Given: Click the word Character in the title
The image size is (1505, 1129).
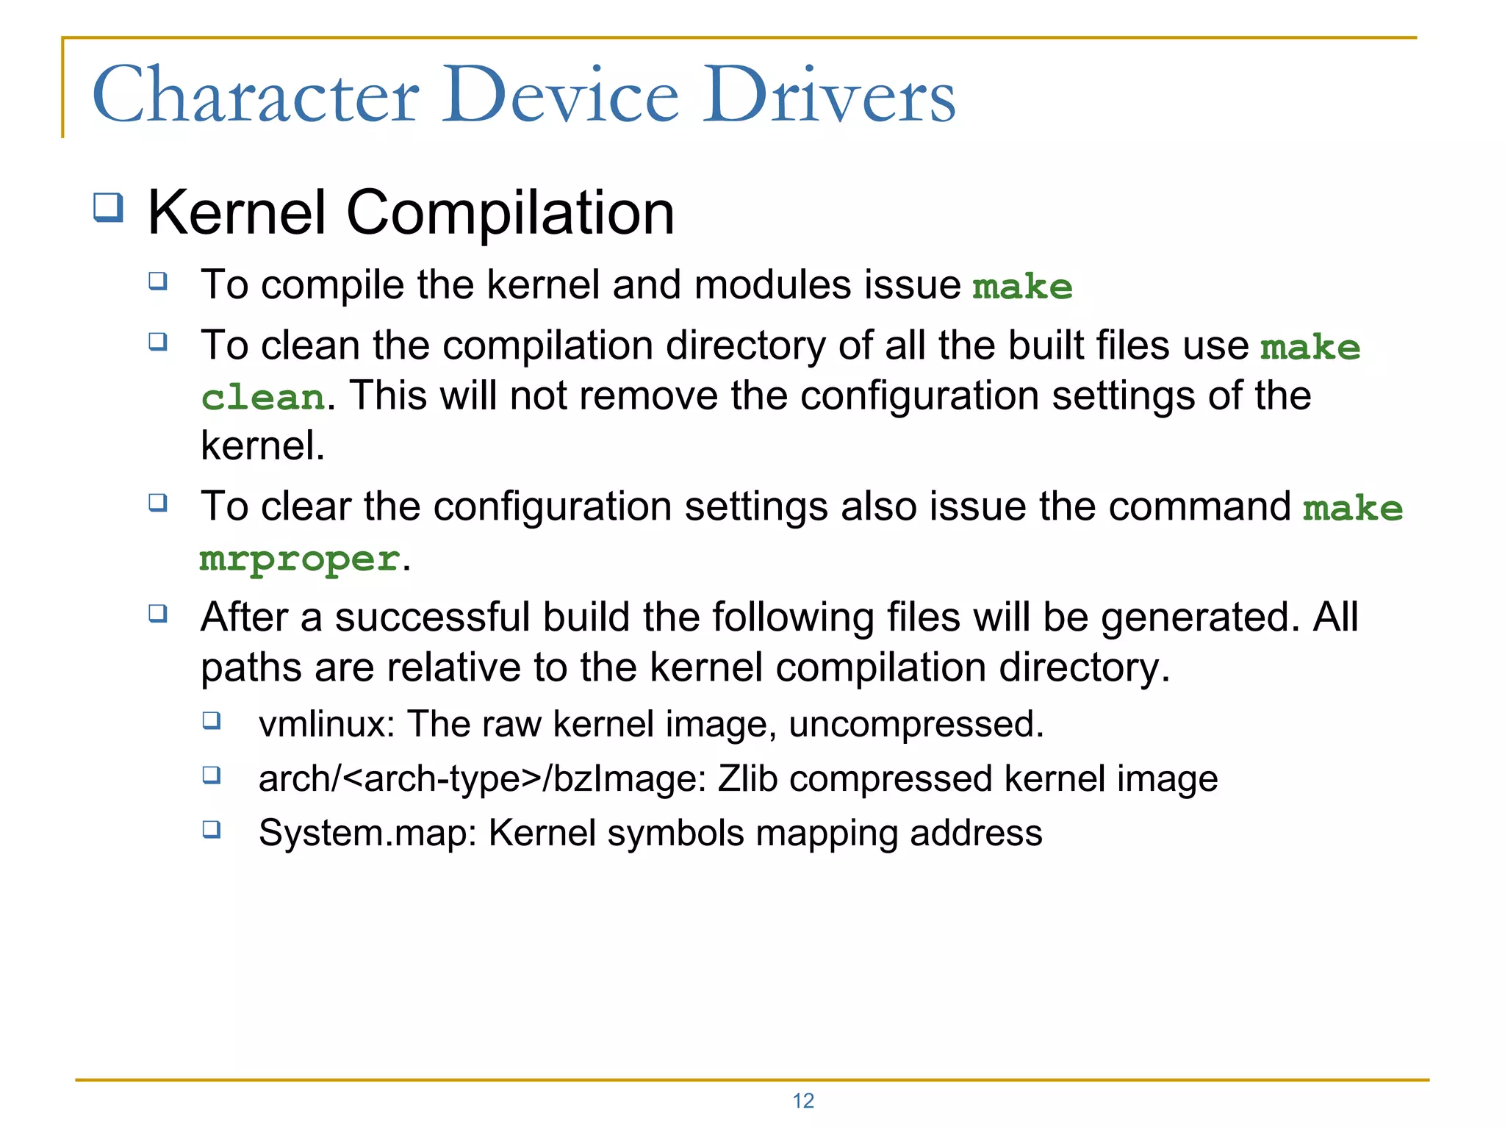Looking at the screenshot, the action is [x=256, y=96].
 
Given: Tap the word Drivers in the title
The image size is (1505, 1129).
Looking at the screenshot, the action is [x=829, y=96].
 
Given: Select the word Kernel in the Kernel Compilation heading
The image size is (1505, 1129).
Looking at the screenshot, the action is [x=237, y=212].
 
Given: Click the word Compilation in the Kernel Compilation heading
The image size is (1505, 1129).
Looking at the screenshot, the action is [x=510, y=212].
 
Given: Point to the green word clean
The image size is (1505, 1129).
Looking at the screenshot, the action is [x=262, y=398].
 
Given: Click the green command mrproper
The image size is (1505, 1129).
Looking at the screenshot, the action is [x=300, y=559].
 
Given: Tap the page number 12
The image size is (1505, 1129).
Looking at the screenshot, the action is [x=803, y=1100].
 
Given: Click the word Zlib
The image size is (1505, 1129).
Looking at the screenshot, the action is [x=747, y=778].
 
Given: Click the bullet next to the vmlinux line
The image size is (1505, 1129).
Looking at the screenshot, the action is [x=212, y=720].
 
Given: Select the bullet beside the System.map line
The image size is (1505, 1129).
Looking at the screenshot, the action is [x=212, y=829].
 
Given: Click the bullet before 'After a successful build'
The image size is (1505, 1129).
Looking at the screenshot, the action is [x=158, y=612].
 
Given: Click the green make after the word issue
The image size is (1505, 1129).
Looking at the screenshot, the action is [x=1022, y=287].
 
